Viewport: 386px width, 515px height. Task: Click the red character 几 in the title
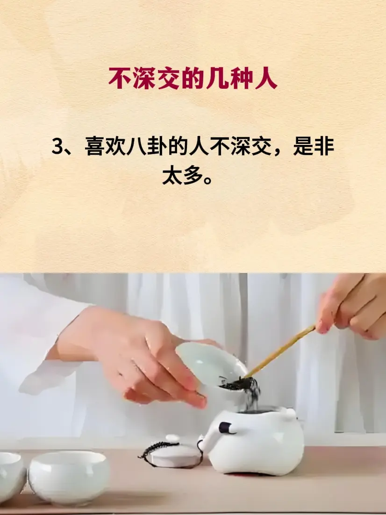[x=217, y=79]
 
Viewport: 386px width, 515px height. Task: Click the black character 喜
[x=95, y=146]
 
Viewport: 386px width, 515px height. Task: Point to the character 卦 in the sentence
[x=156, y=146]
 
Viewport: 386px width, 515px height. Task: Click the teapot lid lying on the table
[x=172, y=451]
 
